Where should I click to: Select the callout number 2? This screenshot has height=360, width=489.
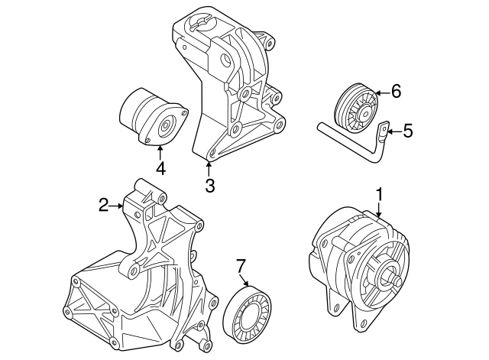tap(103, 204)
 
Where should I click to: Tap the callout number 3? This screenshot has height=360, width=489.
tap(209, 186)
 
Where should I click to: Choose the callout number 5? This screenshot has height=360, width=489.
tap(407, 131)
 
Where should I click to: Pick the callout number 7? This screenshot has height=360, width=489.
tap(240, 266)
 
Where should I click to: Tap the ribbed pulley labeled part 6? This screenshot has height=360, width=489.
tap(358, 109)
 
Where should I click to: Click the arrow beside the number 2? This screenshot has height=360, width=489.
tap(117, 205)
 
